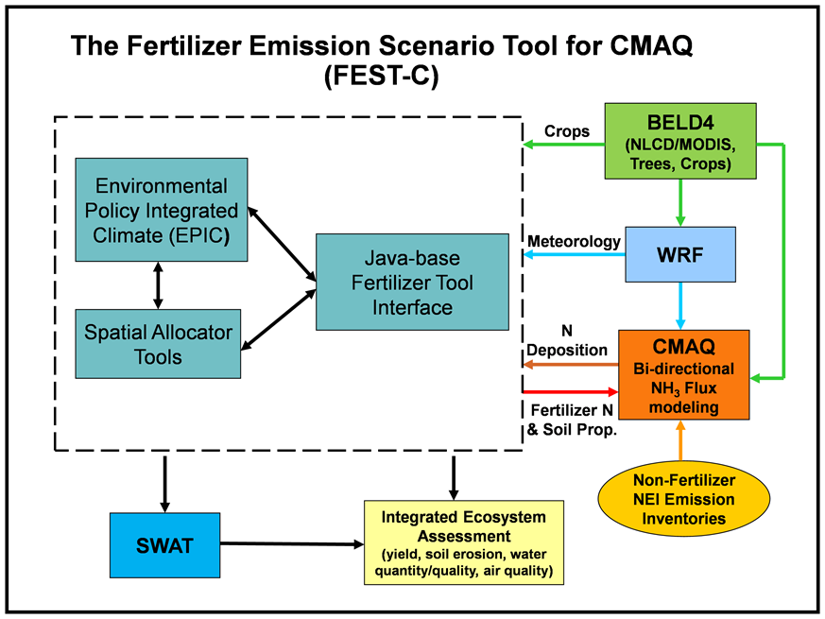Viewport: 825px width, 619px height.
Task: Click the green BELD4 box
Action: tap(680, 141)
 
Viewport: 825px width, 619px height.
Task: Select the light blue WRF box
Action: tap(680, 255)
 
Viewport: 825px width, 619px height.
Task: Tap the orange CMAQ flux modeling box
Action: tap(683, 375)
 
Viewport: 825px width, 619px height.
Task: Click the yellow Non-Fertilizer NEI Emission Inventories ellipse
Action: tap(683, 499)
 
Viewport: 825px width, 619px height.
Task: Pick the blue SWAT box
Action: tap(164, 545)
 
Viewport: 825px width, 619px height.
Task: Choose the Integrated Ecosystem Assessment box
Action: tap(464, 542)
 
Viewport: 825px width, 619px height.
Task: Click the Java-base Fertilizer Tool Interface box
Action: tap(412, 283)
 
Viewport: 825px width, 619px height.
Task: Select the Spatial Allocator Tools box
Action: tap(158, 344)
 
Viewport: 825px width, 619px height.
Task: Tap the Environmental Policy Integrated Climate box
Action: tap(161, 210)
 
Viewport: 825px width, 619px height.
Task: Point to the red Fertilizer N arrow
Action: tap(571, 391)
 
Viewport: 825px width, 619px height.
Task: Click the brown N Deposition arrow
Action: tap(571, 364)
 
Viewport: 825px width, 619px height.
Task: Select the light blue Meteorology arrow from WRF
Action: tap(574, 255)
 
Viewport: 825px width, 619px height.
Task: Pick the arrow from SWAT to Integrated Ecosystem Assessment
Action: tap(292, 543)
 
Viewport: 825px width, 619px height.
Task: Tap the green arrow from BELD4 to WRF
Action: tap(680, 203)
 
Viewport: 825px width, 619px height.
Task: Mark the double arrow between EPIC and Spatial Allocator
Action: tap(158, 285)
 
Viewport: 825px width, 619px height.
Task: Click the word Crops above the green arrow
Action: tap(567, 131)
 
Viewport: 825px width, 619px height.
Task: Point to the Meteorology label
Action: tap(574, 242)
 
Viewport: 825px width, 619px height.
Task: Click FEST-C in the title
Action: tap(382, 76)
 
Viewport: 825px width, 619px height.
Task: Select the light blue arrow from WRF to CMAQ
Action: tap(680, 306)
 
